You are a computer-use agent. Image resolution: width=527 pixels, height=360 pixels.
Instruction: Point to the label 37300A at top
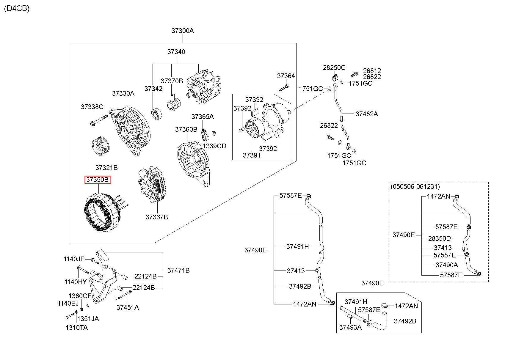[182, 31]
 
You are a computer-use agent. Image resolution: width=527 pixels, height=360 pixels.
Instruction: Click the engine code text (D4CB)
[17, 9]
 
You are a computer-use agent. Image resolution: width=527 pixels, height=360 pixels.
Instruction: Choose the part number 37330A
[123, 93]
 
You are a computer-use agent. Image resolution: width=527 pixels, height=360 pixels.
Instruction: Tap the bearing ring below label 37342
[156, 114]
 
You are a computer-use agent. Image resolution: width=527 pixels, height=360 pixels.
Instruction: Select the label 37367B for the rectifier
[157, 217]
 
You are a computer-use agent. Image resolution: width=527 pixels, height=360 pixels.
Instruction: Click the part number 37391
[252, 155]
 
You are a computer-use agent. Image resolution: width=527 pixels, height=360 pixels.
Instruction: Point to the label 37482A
[367, 114]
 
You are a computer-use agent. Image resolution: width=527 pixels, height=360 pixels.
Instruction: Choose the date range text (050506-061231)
[415, 187]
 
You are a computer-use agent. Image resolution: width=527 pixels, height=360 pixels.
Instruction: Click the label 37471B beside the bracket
[178, 270]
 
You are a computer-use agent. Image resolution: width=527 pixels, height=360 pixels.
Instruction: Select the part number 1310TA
[77, 328]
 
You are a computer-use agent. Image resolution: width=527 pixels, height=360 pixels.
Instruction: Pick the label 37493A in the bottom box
[350, 328]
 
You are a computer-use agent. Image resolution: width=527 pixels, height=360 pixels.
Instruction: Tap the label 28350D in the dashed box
[439, 238]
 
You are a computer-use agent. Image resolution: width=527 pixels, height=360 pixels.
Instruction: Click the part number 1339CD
[214, 146]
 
